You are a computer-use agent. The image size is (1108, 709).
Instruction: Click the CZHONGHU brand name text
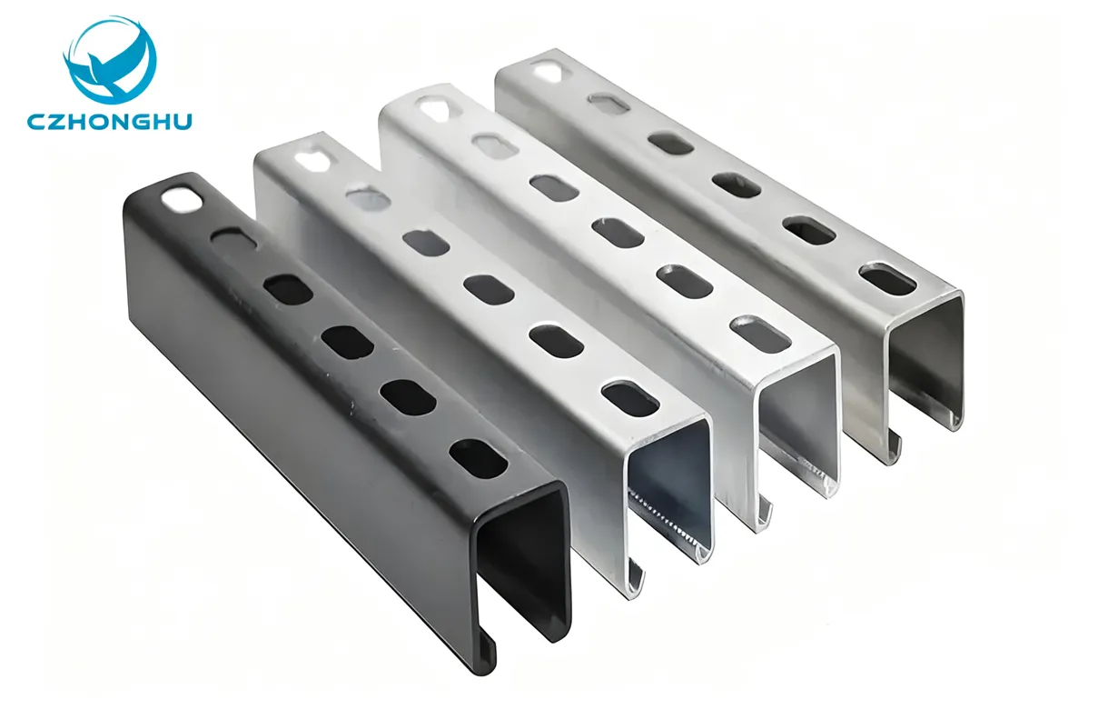(x=109, y=122)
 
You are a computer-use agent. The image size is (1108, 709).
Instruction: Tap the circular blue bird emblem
(x=110, y=61)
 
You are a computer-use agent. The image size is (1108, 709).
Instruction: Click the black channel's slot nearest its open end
(x=479, y=459)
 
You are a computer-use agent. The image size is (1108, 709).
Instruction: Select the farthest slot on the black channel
(x=182, y=198)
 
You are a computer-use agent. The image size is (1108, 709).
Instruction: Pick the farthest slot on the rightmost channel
(x=547, y=71)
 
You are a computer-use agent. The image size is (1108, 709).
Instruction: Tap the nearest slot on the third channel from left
(x=760, y=334)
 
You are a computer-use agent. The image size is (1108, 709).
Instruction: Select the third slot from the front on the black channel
(x=347, y=341)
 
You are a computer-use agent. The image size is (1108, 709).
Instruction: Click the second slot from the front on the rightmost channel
(x=808, y=230)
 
